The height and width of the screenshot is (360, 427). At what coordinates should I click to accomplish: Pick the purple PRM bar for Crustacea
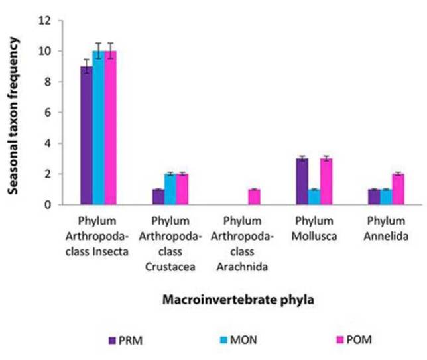(x=158, y=197)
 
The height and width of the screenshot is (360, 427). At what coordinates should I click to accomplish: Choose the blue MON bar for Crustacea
(x=170, y=190)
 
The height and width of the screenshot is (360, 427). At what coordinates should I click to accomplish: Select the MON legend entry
(x=233, y=341)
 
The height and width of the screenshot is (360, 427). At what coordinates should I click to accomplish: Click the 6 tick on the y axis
(x=47, y=113)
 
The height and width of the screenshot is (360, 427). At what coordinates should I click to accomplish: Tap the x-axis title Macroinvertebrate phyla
(x=237, y=299)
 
